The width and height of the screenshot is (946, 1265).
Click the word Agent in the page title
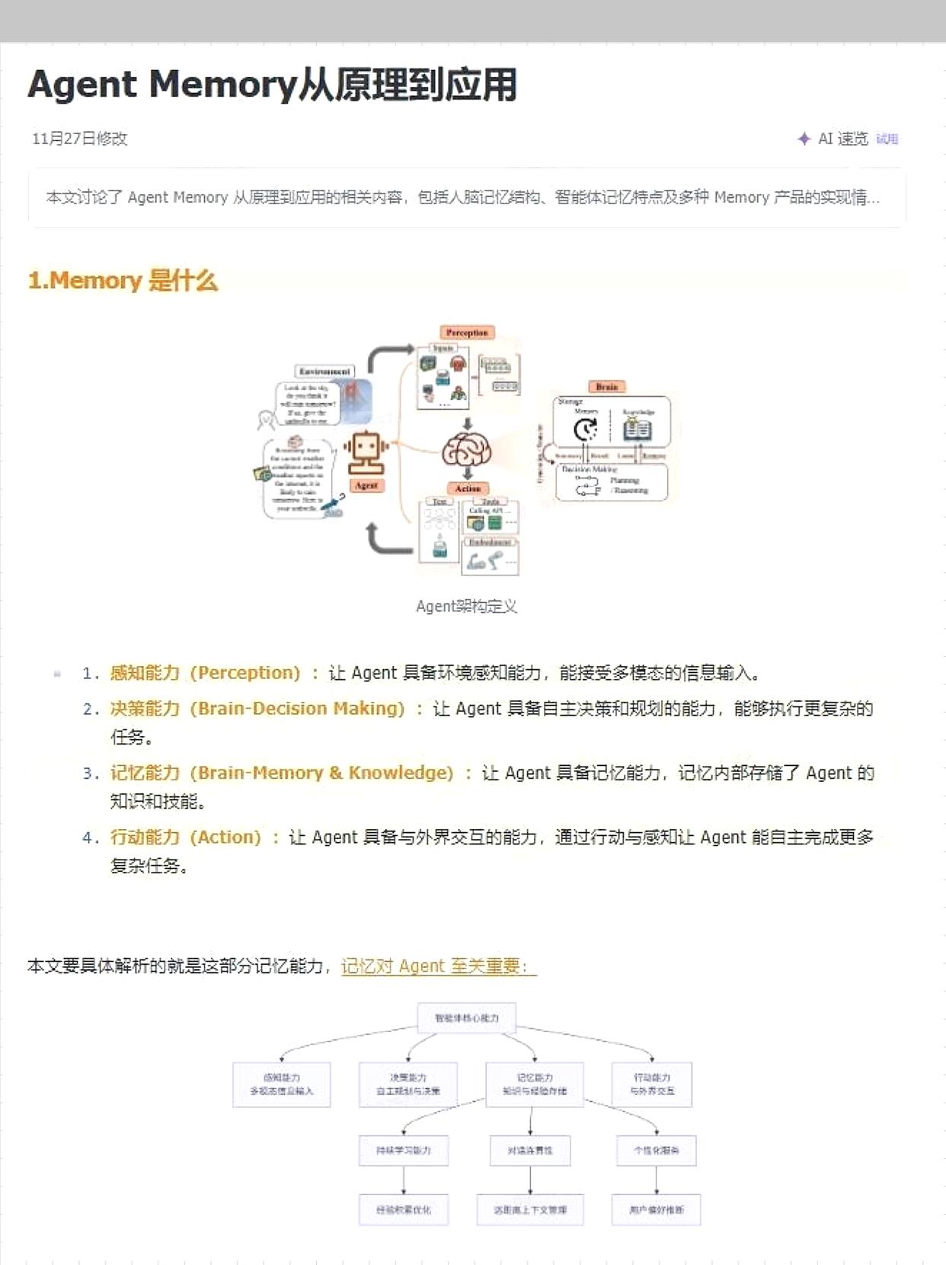coord(82,85)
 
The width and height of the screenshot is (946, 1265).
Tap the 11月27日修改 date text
coord(79,139)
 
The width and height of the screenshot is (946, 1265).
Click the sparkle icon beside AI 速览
coord(804,139)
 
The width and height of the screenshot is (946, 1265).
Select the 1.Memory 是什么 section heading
coord(123,280)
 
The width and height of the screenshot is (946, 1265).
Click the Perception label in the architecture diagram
coord(467,332)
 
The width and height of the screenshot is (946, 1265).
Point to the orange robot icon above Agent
coord(366,452)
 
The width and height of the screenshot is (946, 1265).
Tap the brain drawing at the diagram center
coord(466,450)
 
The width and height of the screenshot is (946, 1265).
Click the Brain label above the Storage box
coord(607,386)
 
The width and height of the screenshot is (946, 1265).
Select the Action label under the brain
coord(468,488)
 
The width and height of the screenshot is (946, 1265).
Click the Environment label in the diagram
coord(324,371)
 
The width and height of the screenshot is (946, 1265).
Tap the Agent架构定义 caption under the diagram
coord(466,607)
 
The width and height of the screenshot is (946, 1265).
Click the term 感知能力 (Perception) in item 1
coord(205,673)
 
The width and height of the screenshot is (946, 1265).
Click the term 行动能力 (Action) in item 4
coord(185,837)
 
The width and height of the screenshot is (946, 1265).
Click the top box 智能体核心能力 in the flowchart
coord(467,1018)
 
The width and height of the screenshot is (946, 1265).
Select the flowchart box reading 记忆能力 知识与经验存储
coord(534,1084)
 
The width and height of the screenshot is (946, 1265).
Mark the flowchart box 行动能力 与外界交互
coord(652,1084)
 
